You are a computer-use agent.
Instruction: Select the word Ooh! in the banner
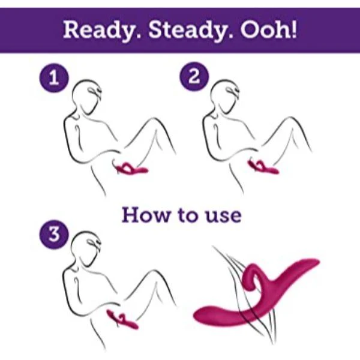[268, 29]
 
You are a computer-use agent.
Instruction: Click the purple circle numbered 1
[54, 78]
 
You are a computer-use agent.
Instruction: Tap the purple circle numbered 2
[194, 76]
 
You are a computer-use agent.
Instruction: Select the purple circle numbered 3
[54, 235]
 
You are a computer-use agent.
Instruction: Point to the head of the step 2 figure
[225, 97]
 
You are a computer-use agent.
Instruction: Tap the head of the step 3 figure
[86, 248]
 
